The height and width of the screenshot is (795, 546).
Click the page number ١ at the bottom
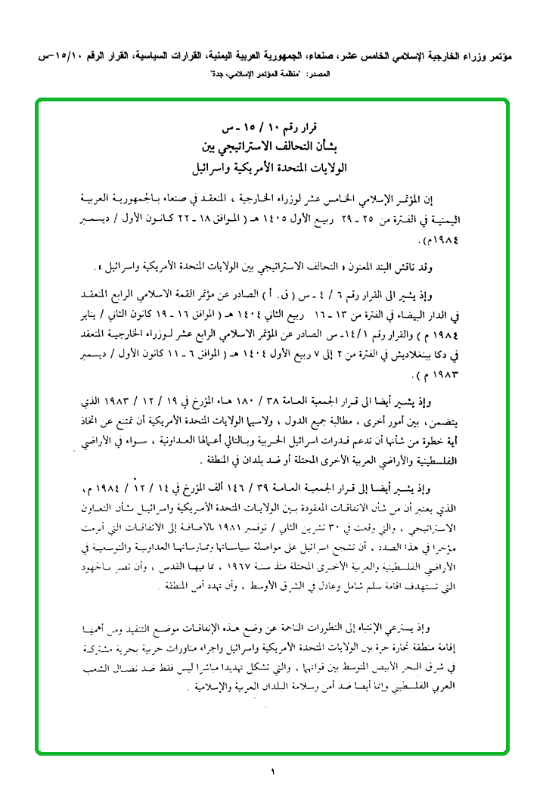point(272,772)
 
